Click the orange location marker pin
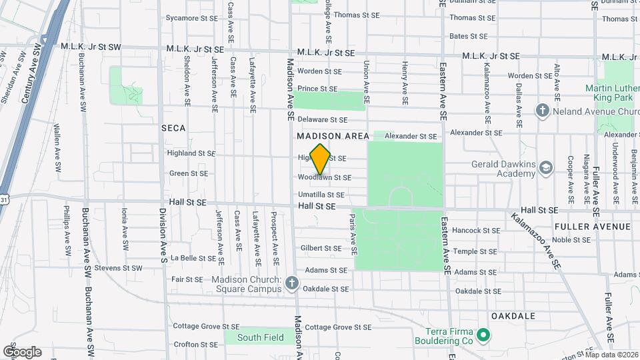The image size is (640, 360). [321, 159]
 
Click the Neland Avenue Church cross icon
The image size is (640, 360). [542, 111]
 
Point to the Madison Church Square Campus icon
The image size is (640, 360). [291, 284]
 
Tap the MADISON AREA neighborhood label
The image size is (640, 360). [333, 135]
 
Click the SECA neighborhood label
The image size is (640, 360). [173, 127]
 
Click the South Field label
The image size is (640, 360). [261, 337]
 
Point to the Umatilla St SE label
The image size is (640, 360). [321, 195]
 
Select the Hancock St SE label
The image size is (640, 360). [475, 231]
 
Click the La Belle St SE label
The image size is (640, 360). [193, 257]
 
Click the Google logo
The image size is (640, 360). [22, 352]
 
